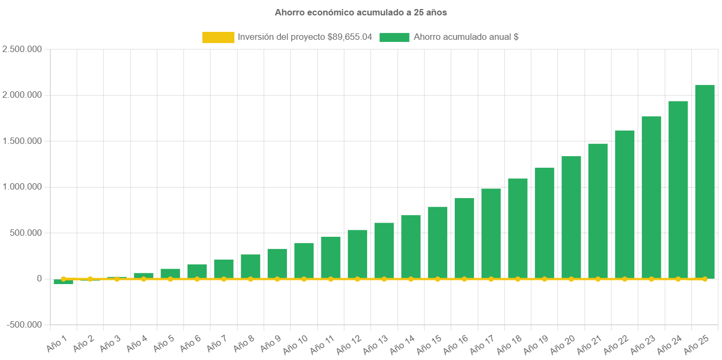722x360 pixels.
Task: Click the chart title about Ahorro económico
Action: click(x=361, y=12)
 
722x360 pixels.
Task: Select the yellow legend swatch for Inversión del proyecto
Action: click(x=218, y=37)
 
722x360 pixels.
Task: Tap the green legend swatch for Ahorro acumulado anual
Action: click(x=394, y=37)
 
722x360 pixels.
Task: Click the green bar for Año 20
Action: click(x=571, y=217)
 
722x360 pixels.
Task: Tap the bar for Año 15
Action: click(x=437, y=242)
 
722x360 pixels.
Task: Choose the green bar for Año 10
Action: click(x=304, y=260)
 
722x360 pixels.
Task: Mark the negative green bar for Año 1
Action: click(x=63, y=282)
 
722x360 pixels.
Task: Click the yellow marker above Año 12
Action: click(x=357, y=279)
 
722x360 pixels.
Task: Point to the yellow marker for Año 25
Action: click(x=704, y=279)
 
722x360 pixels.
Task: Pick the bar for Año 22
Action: click(x=624, y=204)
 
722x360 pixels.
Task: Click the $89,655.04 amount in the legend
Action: click(x=350, y=37)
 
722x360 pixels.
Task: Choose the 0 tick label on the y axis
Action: click(x=39, y=279)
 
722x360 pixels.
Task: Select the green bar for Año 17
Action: click(x=491, y=233)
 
